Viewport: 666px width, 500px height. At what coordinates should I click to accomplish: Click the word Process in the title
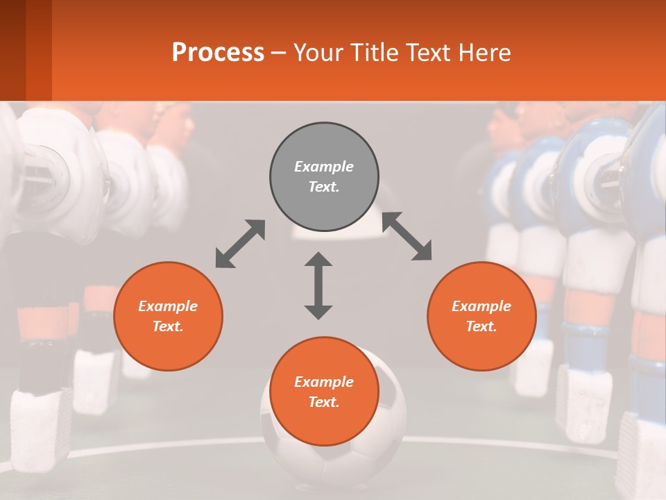tap(218, 53)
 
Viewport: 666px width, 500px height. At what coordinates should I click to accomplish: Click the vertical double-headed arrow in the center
tap(318, 285)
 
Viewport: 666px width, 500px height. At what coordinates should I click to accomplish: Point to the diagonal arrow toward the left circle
tap(240, 244)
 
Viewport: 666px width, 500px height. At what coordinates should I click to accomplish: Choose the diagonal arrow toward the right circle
tap(407, 236)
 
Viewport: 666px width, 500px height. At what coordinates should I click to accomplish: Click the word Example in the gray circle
tap(324, 167)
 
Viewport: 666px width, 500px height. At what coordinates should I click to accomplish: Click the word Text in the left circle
tap(168, 326)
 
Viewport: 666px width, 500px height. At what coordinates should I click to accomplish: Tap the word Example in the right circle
tap(481, 306)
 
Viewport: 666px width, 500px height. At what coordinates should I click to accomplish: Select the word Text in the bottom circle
tap(324, 402)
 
